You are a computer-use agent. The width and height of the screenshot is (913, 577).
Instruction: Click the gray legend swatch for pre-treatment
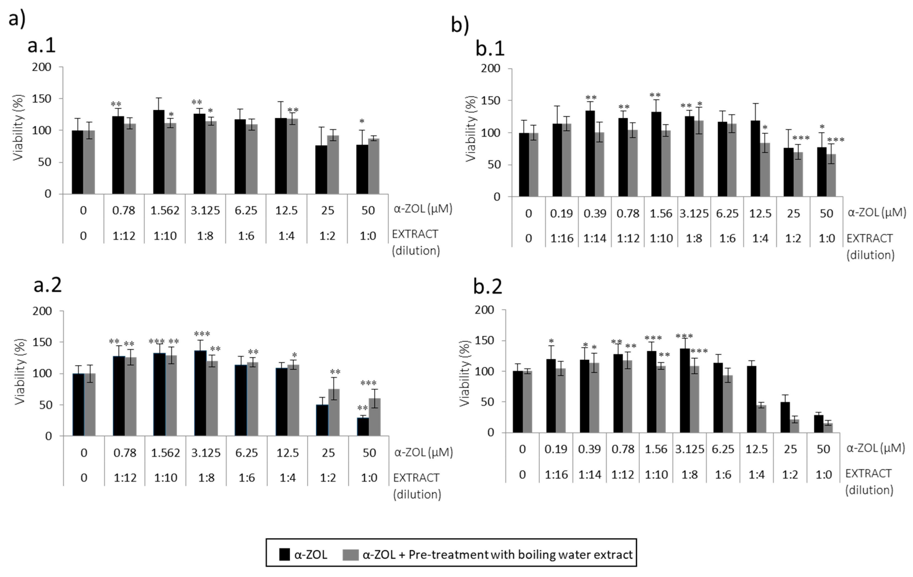pyautogui.click(x=350, y=555)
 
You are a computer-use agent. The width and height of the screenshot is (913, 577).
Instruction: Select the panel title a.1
pyautogui.click(x=42, y=46)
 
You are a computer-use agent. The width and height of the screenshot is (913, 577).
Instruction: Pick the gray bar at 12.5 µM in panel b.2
pyautogui.click(x=761, y=419)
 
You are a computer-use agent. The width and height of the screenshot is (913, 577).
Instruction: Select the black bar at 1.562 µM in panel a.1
pyautogui.click(x=159, y=152)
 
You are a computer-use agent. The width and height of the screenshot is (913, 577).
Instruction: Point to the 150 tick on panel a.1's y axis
pyautogui.click(x=42, y=99)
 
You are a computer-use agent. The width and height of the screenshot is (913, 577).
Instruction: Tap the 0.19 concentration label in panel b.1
pyautogui.click(x=561, y=213)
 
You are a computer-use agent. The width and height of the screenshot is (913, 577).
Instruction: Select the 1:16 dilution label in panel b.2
pyautogui.click(x=556, y=475)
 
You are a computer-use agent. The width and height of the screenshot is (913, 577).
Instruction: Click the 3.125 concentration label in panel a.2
pyautogui.click(x=206, y=453)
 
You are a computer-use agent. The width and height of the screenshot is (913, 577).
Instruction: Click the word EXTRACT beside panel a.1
pyautogui.click(x=415, y=234)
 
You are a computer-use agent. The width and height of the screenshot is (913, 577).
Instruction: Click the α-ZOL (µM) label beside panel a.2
pyautogui.click(x=424, y=452)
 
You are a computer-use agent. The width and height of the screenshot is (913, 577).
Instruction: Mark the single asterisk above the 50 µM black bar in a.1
pyautogui.click(x=362, y=122)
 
